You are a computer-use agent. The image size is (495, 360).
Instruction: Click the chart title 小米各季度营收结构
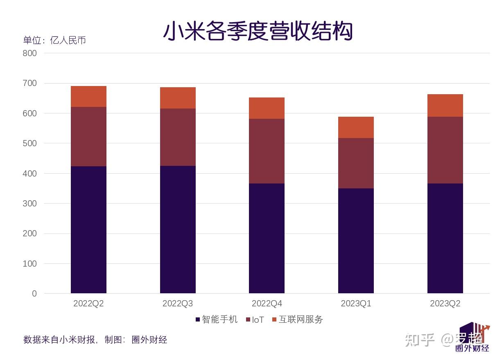tap(258, 32)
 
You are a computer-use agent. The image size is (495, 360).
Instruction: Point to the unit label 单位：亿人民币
tap(54, 40)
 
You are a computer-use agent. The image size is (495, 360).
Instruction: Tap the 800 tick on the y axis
tap(30, 53)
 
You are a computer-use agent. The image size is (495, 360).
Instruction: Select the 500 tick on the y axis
tap(30, 143)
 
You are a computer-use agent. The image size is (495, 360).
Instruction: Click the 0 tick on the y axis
tap(34, 294)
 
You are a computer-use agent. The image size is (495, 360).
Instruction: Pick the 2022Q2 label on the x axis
tap(88, 304)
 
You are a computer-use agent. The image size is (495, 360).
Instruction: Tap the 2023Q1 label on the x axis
tap(356, 304)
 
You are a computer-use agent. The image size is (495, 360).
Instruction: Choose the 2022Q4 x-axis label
tap(267, 304)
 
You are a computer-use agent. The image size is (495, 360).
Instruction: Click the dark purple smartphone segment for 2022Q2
tap(88, 229)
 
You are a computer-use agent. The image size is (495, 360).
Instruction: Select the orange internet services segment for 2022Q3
tap(178, 98)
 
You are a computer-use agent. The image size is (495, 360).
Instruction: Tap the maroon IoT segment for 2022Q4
tap(267, 151)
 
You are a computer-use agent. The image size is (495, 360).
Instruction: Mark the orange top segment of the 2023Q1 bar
tap(356, 127)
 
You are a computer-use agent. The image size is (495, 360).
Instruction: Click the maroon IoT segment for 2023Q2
tap(445, 150)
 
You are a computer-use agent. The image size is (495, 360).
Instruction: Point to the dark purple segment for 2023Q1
tap(356, 241)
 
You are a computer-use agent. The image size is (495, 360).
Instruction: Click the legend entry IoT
tap(255, 320)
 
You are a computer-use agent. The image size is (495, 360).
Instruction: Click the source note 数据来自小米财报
tap(60, 340)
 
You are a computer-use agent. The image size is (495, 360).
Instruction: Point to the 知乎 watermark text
tap(419, 340)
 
